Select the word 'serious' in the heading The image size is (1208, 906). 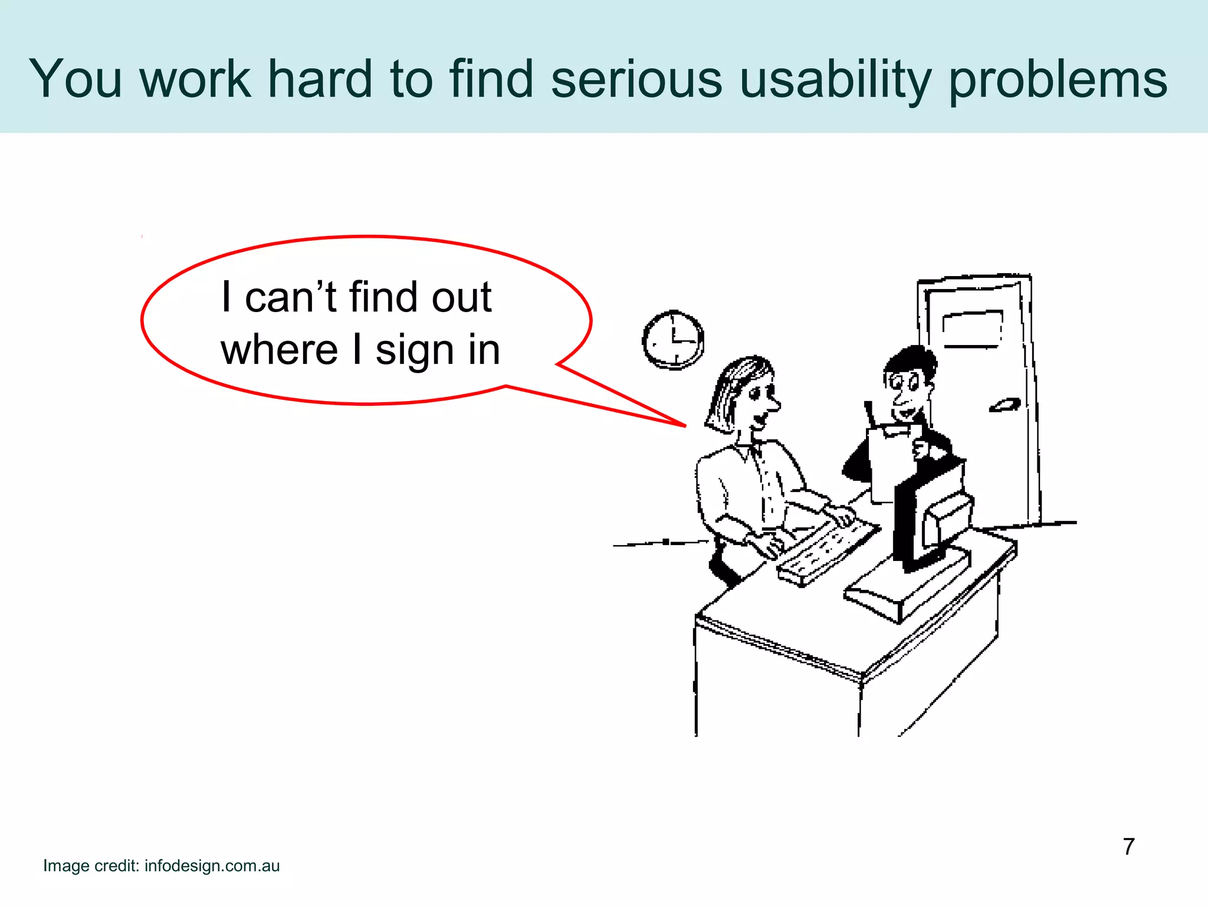pos(636,79)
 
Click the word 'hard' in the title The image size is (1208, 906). pos(320,79)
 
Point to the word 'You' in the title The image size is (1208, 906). pos(75,79)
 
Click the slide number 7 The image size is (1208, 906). pos(1128,847)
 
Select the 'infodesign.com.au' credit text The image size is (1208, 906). pos(212,866)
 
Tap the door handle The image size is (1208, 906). pos(1005,405)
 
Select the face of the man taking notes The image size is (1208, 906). pos(905,386)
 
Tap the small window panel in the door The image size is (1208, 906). pos(972,329)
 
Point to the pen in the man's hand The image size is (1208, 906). pos(870,413)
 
